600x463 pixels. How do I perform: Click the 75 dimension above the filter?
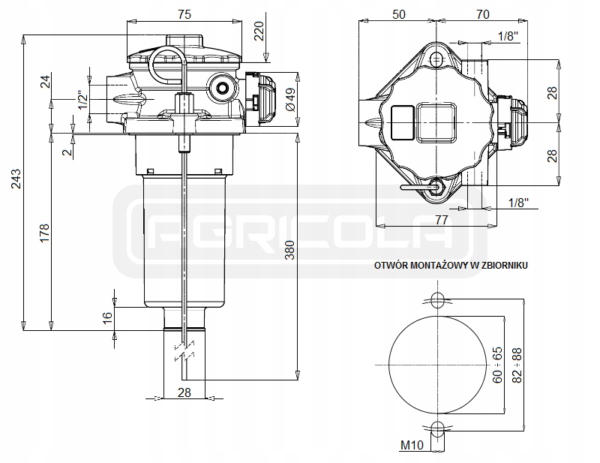pyautogui.click(x=183, y=14)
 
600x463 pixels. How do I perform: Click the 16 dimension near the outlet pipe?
pyautogui.click(x=107, y=317)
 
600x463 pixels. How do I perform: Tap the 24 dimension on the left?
pyautogui.click(x=43, y=83)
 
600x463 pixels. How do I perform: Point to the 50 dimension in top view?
pyautogui.click(x=399, y=14)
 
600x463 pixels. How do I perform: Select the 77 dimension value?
pyautogui.click(x=441, y=220)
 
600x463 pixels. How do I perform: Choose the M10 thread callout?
pyautogui.click(x=410, y=446)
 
